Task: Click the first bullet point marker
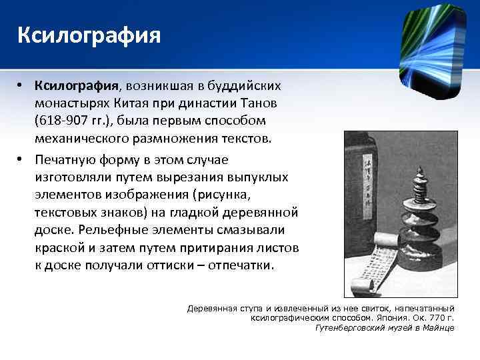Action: pos(21,87)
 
